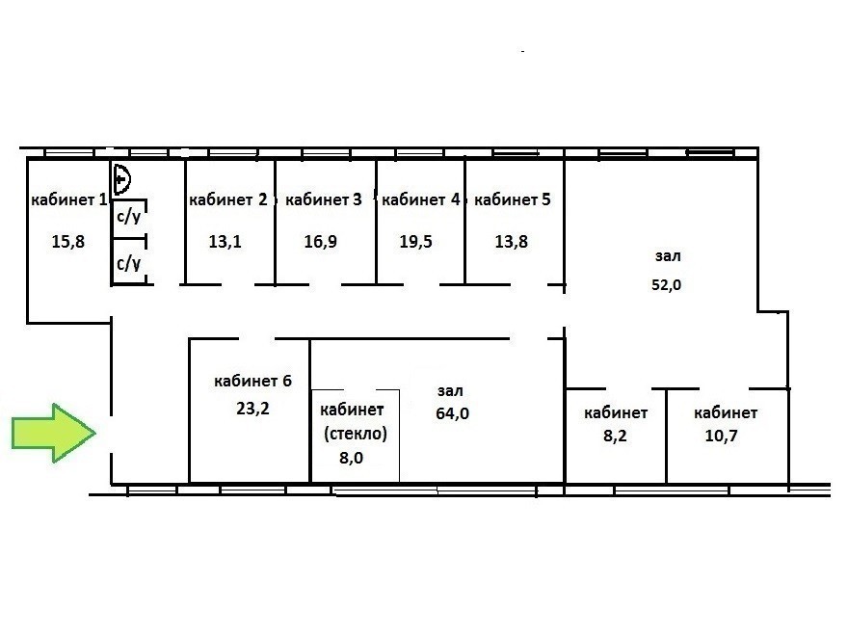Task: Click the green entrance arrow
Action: click(54, 434)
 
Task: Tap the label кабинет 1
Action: click(69, 199)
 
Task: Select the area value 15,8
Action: click(68, 241)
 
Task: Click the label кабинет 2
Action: click(227, 199)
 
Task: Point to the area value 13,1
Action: click(225, 241)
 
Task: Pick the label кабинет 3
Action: click(324, 199)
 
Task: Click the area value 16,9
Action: click(321, 241)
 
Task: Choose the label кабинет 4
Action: click(420, 199)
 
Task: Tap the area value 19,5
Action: click(416, 241)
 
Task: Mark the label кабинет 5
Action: click(512, 199)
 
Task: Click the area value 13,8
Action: click(512, 241)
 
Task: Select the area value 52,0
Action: click(666, 284)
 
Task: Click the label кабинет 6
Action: click(252, 381)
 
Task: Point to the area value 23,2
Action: click(252, 409)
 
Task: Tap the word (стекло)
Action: click(356, 434)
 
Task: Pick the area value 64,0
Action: click(452, 413)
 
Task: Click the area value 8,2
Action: click(615, 436)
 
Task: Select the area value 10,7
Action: click(721, 436)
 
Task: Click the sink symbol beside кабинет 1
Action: click(121, 179)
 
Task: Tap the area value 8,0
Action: click(351, 458)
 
